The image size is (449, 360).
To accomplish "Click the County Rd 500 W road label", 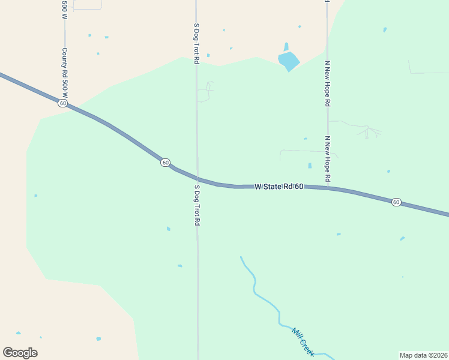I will (x=64, y=73).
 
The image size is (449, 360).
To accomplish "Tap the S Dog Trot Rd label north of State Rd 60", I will (x=196, y=43).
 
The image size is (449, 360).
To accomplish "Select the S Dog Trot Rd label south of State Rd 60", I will (x=196, y=205).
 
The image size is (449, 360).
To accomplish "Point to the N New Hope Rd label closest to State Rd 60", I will (x=328, y=158).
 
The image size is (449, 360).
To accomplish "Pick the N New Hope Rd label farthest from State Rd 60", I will (x=328, y=83).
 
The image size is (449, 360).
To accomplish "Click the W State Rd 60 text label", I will (x=279, y=187).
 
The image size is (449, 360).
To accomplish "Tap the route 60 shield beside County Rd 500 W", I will (x=63, y=103).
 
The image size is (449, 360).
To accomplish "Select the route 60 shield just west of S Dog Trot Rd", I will (x=165, y=163).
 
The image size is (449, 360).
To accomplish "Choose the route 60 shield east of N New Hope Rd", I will (x=396, y=202).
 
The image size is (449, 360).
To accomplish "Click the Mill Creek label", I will (x=303, y=341).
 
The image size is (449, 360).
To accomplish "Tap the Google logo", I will (x=20, y=352).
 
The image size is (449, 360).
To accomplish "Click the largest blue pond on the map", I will (x=288, y=61).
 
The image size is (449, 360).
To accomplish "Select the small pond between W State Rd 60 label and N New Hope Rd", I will (x=310, y=166).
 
